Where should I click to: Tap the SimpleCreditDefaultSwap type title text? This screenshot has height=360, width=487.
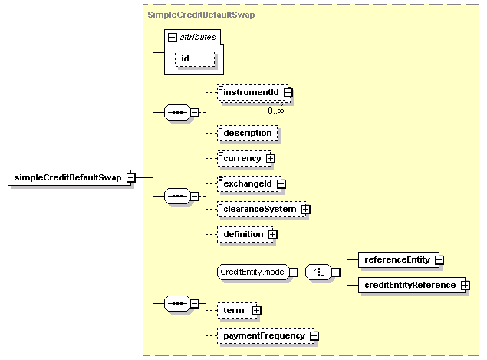click(x=201, y=15)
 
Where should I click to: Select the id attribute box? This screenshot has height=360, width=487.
click(x=195, y=58)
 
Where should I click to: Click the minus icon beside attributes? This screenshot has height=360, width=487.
click(x=172, y=38)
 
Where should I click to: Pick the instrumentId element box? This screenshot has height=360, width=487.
click(x=254, y=93)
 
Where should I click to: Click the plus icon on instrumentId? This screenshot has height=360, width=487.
click(x=288, y=93)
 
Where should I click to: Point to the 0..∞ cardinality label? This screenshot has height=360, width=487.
click(x=276, y=111)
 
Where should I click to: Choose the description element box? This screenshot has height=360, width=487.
click(x=248, y=133)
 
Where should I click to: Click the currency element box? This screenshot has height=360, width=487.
click(x=245, y=159)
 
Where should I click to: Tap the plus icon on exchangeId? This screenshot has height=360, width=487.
click(x=281, y=184)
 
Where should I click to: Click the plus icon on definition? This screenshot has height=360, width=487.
click(x=272, y=234)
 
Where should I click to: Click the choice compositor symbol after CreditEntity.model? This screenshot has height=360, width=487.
click(x=318, y=272)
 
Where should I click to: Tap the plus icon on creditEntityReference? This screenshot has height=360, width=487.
click(x=466, y=285)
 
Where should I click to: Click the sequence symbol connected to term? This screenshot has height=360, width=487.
click(x=177, y=303)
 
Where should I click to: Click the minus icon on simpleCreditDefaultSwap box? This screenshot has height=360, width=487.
click(x=131, y=178)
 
